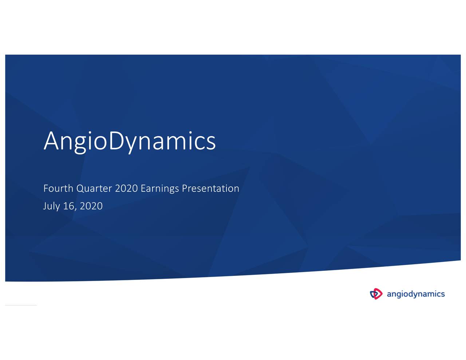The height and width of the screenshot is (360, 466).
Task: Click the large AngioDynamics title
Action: pos(130,141)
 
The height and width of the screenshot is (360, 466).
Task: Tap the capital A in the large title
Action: pos(51,141)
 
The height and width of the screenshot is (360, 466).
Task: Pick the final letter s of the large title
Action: pos(211,143)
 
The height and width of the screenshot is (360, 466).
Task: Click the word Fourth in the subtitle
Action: pos(58,188)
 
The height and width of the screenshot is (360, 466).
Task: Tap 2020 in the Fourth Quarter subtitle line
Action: pos(126,188)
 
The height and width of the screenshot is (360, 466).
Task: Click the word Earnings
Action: pos(159,189)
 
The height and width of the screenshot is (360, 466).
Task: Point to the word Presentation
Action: pos(210,188)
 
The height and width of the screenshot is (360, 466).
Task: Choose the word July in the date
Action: pos(51,206)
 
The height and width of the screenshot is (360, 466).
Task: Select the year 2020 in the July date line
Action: pos(91,206)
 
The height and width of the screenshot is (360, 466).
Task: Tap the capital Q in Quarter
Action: pos(80,189)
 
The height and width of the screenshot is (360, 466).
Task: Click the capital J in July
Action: pos(45,206)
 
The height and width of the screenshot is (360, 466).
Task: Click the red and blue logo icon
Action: pos(376,294)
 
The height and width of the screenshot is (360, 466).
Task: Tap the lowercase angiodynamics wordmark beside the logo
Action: pos(415,294)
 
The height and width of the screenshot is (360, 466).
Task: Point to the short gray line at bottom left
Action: pos(21,305)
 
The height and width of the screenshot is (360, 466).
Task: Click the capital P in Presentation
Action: pos(184,188)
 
